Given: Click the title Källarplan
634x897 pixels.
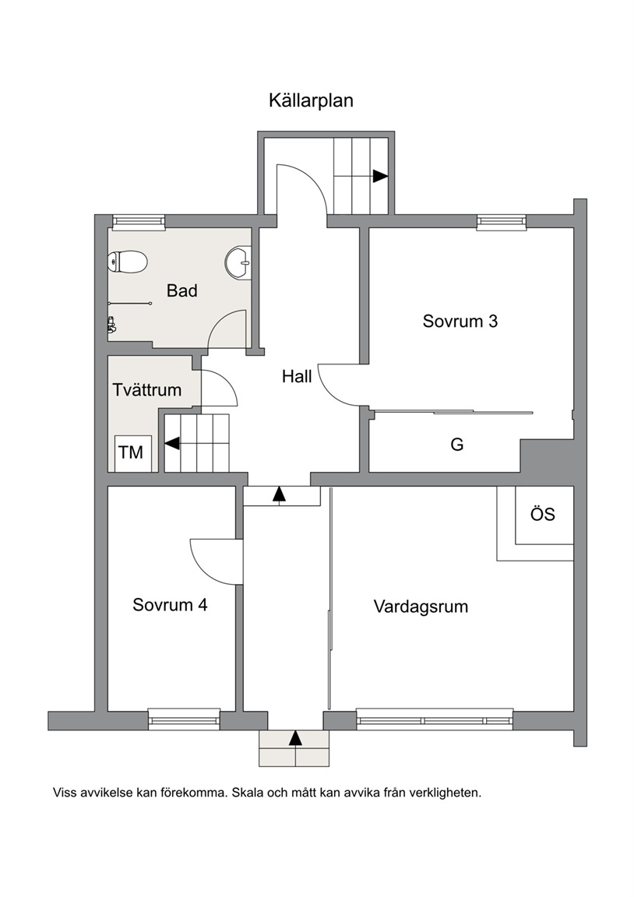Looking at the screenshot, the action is (x=311, y=100).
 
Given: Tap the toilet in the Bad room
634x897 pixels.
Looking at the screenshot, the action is (x=128, y=262).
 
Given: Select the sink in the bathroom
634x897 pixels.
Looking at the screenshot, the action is (x=239, y=264).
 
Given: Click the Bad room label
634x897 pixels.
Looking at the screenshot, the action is (x=182, y=290).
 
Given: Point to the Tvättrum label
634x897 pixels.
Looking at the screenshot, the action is (x=147, y=390).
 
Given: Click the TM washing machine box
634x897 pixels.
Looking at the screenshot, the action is (x=133, y=453).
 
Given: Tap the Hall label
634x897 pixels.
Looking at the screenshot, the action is (x=297, y=376).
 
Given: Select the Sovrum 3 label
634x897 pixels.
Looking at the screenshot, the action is (x=460, y=321).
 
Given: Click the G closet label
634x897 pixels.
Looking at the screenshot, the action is (x=457, y=444).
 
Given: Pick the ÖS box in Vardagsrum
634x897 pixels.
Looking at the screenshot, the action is (x=544, y=515).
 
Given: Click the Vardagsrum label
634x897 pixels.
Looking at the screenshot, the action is (x=421, y=607).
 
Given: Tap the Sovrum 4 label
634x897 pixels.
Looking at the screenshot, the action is (x=170, y=605).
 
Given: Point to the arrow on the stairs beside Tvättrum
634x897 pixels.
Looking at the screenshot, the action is (x=171, y=443).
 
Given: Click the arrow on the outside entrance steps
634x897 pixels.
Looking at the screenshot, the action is (x=295, y=738).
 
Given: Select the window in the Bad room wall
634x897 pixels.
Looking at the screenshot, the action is (x=139, y=222).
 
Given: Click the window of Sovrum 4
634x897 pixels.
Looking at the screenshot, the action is (x=184, y=719).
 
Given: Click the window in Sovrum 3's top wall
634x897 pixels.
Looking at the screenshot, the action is (x=502, y=222).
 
